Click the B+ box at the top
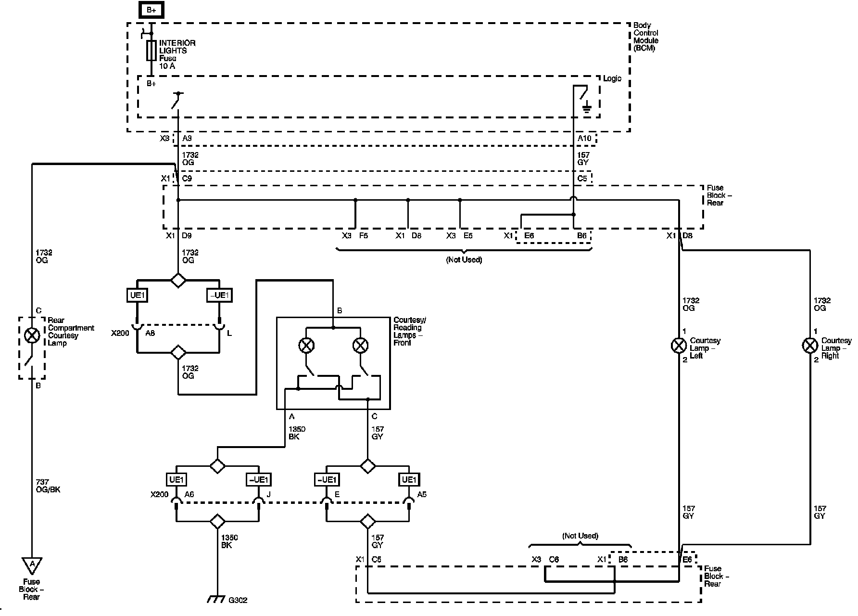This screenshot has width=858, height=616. click(x=151, y=10)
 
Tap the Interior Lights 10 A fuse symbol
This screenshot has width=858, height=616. click(x=151, y=51)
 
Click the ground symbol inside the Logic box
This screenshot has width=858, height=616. click(x=586, y=108)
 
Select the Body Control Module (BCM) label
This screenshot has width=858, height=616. click(x=645, y=37)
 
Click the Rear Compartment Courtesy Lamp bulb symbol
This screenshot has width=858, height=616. click(x=32, y=335)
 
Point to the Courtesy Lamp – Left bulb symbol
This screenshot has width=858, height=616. click(x=679, y=345)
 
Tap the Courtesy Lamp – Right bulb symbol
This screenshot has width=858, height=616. click(x=810, y=345)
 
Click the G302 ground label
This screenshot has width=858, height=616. click(x=238, y=600)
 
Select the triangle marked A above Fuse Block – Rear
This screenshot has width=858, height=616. click(x=32, y=565)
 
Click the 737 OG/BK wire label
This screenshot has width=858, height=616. click(x=48, y=486)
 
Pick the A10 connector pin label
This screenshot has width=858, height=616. click(x=584, y=139)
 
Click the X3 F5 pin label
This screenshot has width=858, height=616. click(x=355, y=236)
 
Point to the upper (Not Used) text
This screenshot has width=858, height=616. click(x=464, y=260)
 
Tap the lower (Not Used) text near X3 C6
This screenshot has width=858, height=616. click(x=580, y=536)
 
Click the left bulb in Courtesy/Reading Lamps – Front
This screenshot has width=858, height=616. click(x=306, y=345)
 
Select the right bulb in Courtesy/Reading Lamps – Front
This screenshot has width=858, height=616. click(x=360, y=345)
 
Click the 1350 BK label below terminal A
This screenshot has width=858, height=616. click(x=297, y=433)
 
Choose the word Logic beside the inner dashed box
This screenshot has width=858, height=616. click(x=612, y=78)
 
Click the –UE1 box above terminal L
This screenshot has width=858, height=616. click(x=219, y=295)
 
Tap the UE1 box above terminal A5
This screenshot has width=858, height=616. click(x=409, y=479)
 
